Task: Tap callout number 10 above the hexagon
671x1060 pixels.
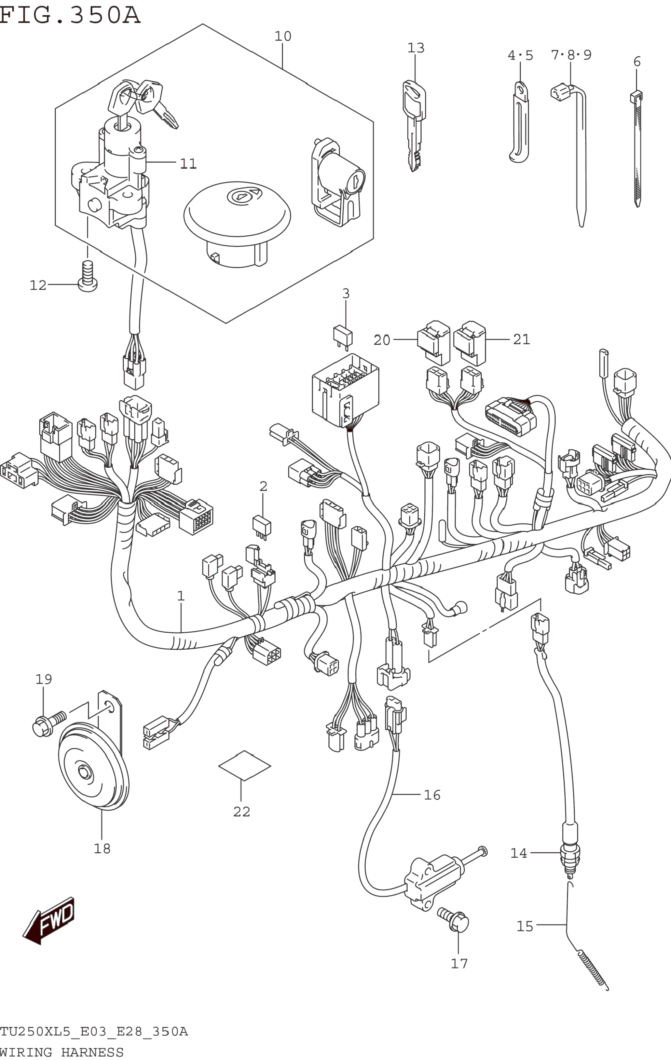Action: pyautogui.click(x=283, y=36)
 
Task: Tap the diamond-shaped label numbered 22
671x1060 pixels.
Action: pyautogui.click(x=244, y=765)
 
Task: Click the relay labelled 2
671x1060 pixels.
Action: pyautogui.click(x=262, y=527)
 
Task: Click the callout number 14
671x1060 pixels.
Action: pyautogui.click(x=519, y=853)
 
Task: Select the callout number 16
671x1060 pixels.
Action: pyautogui.click(x=432, y=795)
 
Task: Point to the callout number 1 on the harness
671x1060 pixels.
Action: pyautogui.click(x=181, y=596)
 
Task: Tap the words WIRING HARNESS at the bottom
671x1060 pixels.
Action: pyautogui.click(x=62, y=1053)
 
